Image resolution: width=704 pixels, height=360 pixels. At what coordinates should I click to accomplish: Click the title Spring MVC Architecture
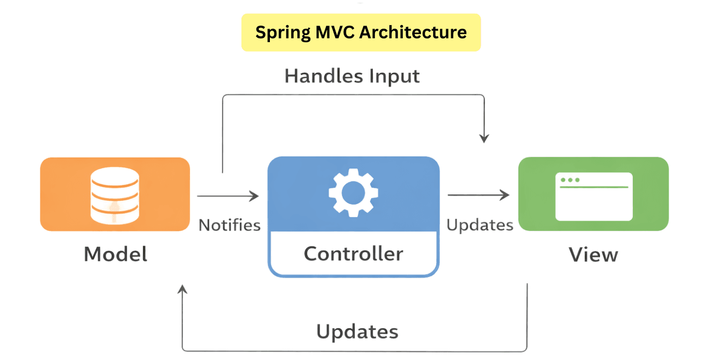point(361,32)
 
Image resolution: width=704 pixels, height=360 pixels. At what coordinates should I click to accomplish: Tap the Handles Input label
point(352,76)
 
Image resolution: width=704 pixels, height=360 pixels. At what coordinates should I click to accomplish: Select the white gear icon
point(353,192)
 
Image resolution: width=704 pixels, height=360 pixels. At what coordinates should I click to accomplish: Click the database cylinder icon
point(114,195)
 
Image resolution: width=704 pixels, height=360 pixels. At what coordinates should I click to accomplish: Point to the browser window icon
point(593,196)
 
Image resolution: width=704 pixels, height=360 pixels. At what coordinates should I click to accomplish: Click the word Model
point(116,254)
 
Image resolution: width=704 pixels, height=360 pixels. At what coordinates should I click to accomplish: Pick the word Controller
point(353,253)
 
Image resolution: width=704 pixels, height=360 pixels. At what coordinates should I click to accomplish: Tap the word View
point(593,254)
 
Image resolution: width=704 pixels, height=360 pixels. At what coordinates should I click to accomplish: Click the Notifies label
point(229,225)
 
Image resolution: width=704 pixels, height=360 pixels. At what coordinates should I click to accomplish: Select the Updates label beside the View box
point(480,225)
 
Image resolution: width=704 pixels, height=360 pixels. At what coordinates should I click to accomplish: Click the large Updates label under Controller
point(357,332)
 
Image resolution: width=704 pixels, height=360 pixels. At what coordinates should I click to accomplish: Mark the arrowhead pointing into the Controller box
point(255,195)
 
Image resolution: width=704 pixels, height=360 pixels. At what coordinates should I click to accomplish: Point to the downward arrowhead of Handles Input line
point(484,138)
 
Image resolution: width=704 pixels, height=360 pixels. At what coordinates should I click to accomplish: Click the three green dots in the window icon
point(570,180)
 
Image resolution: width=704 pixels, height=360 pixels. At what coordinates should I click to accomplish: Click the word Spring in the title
point(283,32)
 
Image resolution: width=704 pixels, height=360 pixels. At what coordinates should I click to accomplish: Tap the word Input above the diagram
point(394,76)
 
